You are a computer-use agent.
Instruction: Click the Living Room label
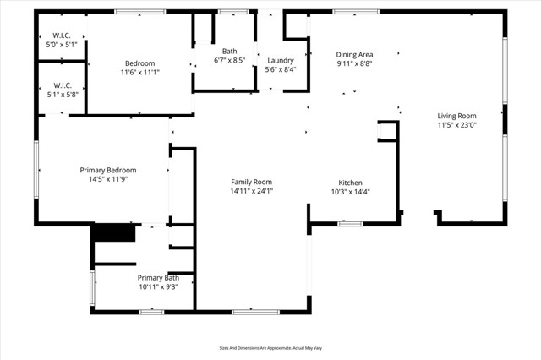coord(456,116)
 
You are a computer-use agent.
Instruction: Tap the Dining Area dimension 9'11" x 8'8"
coord(354,63)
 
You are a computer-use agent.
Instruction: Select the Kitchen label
coord(351,183)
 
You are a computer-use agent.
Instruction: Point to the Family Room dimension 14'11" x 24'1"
coord(252,191)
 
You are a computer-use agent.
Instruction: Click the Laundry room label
coord(280,61)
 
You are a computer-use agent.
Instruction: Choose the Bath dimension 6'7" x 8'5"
coord(230,61)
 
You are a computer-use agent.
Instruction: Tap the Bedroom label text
coord(140,63)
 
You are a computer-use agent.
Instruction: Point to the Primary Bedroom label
coord(107,170)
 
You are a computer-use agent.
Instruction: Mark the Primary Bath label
coord(158,278)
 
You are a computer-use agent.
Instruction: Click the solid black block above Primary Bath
coord(113,233)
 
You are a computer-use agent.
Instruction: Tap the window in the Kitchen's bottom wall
coord(350,224)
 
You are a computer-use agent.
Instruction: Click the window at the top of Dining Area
coord(356,12)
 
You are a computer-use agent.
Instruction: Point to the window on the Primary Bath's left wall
coord(92,288)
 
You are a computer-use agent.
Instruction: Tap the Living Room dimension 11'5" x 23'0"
coord(456,125)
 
